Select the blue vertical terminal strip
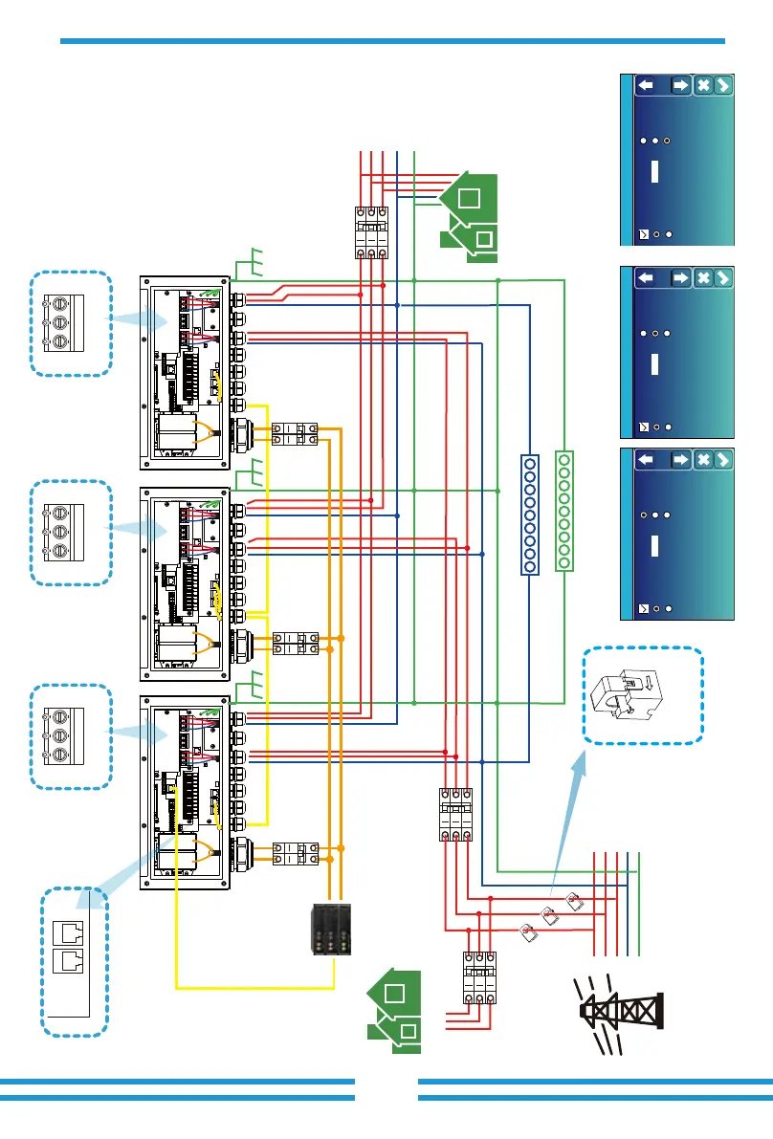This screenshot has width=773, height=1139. pyautogui.click(x=528, y=514)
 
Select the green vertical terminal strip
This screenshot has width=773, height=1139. pyautogui.click(x=564, y=511)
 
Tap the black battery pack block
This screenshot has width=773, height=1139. pyautogui.click(x=329, y=929)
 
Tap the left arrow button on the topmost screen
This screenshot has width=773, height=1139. pyautogui.click(x=650, y=86)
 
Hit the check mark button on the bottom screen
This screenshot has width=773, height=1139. pyautogui.click(x=723, y=460)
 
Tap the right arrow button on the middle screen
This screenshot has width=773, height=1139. pyautogui.click(x=680, y=278)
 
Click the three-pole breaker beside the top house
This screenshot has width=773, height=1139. pyautogui.click(x=370, y=232)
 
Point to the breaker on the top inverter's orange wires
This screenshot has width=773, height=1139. pyautogui.click(x=295, y=433)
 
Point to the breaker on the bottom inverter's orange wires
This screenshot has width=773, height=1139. pyautogui.click(x=295, y=853)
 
